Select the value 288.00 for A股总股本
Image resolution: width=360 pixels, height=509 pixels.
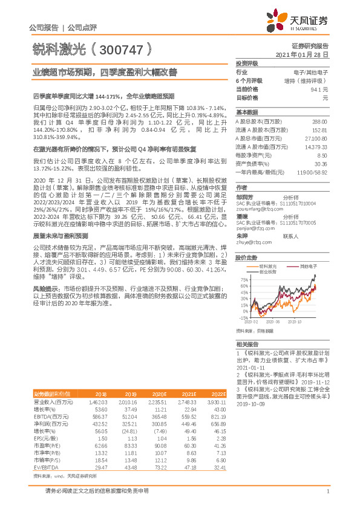pos(319,121)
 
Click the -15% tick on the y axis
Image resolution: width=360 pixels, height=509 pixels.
pos(243,317)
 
